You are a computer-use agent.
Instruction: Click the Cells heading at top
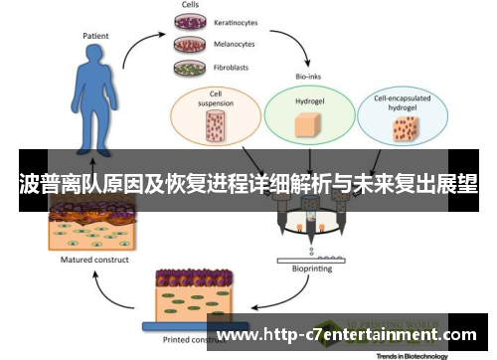coord(189,5)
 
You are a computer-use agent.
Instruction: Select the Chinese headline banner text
coord(248,184)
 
